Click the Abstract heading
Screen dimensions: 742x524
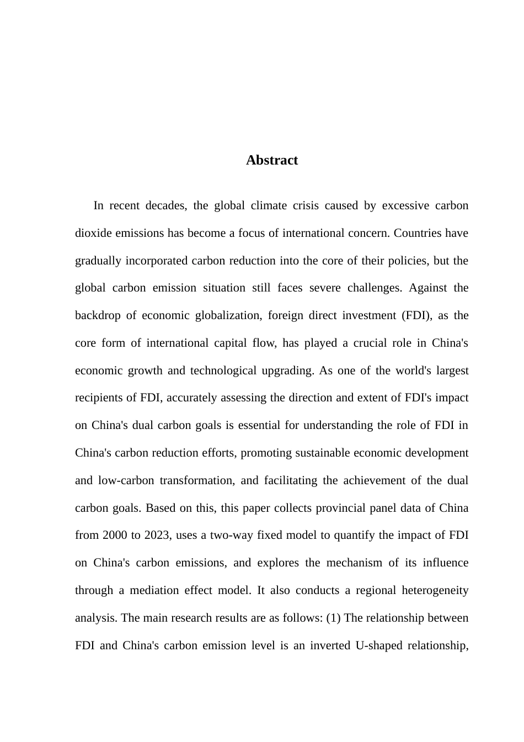(x=272, y=160)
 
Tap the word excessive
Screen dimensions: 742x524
(x=405, y=206)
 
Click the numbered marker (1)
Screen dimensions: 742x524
(x=333, y=618)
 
